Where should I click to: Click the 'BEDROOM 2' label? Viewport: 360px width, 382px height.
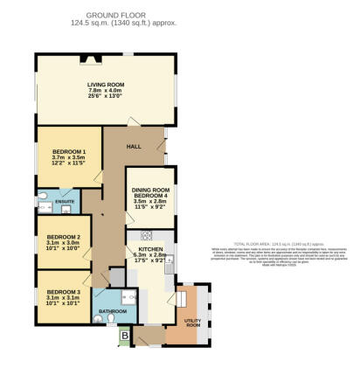point(64,237)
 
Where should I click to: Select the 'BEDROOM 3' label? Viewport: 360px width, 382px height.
point(64,291)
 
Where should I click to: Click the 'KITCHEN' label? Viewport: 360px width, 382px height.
point(150,249)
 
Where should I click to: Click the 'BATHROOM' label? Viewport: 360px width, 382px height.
point(114,311)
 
